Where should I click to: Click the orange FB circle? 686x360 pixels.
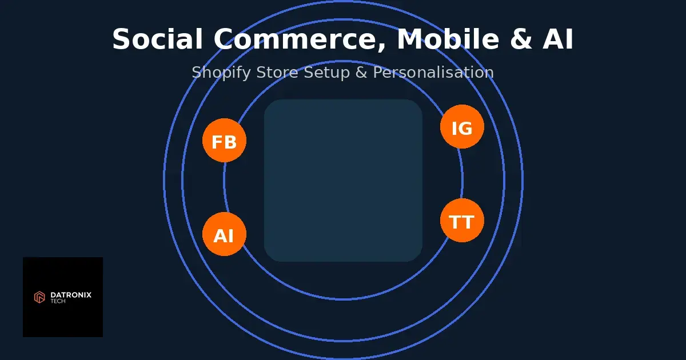pos(224,141)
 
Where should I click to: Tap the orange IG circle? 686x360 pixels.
pos(462,127)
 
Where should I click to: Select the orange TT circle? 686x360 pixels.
pos(462,221)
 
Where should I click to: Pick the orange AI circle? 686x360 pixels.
pos(224,234)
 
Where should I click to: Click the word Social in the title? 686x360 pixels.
pos(158,40)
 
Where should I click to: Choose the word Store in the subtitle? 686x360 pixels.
pos(274,73)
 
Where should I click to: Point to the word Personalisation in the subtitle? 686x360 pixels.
pos(433,73)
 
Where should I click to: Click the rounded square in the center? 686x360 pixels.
pos(343,181)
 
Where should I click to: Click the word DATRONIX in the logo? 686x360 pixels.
pos(71,295)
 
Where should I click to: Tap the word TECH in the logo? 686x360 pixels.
pos(58,301)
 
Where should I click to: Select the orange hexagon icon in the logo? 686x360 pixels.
pos(39,297)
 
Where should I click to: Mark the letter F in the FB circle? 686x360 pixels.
pos(217,142)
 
